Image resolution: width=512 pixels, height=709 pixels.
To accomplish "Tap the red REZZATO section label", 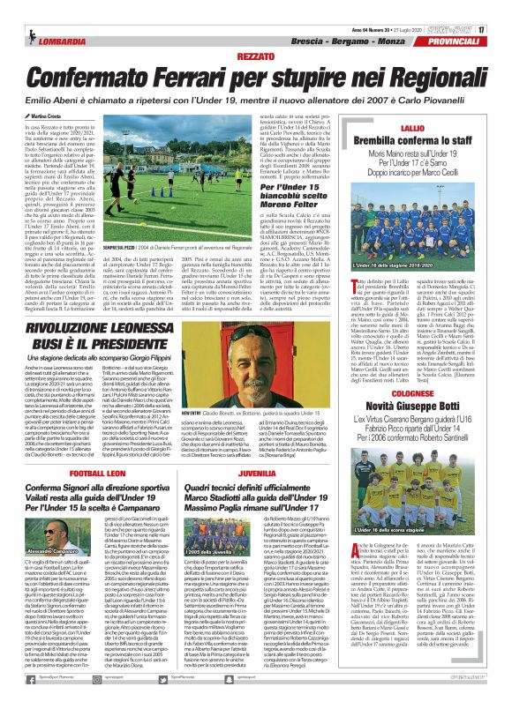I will tap(255, 56).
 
